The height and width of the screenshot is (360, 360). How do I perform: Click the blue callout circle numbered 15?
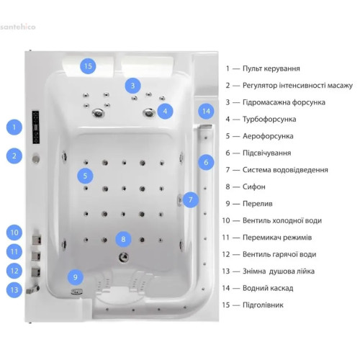[x=88, y=66]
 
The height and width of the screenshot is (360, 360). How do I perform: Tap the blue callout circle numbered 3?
[x=132, y=86]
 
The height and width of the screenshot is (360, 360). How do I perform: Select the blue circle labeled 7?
[x=191, y=199]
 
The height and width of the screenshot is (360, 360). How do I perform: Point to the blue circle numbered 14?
[x=206, y=112]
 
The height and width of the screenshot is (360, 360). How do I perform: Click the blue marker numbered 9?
[x=76, y=277]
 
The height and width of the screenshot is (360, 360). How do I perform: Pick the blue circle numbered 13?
[x=14, y=290]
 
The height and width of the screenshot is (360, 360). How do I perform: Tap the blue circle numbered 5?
[x=85, y=176]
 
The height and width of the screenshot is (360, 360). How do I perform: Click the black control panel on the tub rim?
[x=36, y=127]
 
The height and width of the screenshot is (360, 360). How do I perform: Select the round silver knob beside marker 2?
[x=36, y=158]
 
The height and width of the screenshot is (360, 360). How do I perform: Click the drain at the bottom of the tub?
[x=124, y=257]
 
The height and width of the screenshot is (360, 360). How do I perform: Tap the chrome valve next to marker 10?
[x=37, y=240]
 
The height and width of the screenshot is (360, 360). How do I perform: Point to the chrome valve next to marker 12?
[x=36, y=271]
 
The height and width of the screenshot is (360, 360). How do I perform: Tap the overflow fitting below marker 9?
[x=77, y=292]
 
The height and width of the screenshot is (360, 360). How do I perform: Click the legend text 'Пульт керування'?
[x=271, y=68]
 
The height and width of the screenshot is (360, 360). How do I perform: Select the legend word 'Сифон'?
[x=254, y=186]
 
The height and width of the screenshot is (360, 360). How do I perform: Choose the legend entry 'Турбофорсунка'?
[x=269, y=120]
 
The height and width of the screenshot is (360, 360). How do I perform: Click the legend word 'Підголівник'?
[x=263, y=305]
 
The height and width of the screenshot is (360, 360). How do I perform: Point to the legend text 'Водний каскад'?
[x=268, y=288]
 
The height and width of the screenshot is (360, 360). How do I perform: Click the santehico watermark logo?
[x=18, y=27]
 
